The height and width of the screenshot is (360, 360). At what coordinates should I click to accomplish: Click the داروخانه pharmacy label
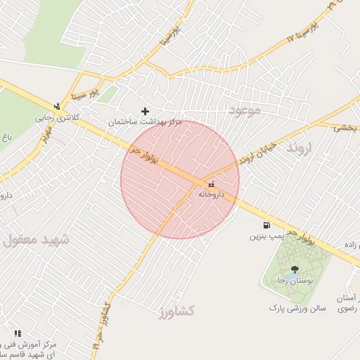(211, 193)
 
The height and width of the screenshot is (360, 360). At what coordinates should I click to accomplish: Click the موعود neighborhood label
(244, 110)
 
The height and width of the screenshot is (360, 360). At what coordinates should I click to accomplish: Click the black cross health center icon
(146, 111)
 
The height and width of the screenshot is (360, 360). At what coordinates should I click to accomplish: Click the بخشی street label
(345, 128)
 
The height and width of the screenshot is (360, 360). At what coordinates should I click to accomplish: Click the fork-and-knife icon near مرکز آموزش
(17, 333)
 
